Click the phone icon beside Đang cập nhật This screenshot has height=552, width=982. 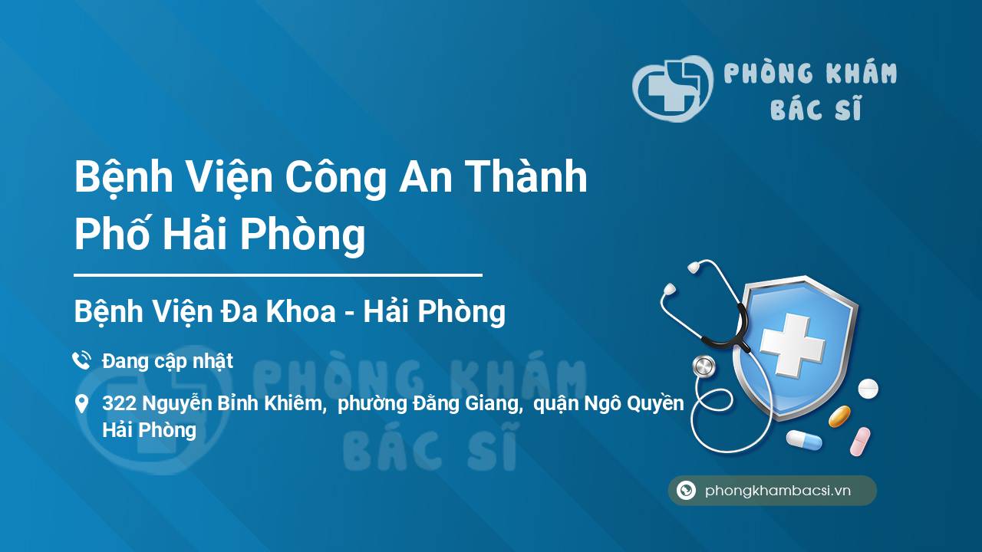(81, 360)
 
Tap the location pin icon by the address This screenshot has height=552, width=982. (81, 403)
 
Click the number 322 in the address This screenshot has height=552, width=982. (119, 403)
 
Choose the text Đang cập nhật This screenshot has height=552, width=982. (167, 361)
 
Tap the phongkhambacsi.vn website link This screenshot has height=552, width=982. (778, 491)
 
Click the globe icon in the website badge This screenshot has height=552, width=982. (686, 490)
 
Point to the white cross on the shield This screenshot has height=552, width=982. (793, 344)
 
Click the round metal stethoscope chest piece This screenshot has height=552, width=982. (704, 366)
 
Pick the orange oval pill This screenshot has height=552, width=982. (839, 416)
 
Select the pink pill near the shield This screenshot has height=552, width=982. (860, 442)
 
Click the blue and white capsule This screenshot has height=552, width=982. (804, 440)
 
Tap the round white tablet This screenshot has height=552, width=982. (868, 388)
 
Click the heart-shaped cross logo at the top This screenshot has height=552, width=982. (673, 88)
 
